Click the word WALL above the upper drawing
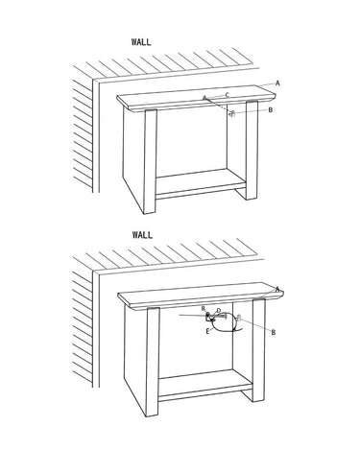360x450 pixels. [x=141, y=42]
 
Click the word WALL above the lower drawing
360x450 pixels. [x=142, y=235]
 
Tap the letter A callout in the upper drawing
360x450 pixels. [x=277, y=83]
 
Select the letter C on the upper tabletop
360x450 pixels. [x=228, y=94]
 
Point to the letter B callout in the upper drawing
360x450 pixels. [x=271, y=110]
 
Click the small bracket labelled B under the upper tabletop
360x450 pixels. [x=232, y=113]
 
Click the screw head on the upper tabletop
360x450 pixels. [x=204, y=97]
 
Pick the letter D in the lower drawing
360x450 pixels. [x=219, y=311]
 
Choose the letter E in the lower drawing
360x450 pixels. [x=207, y=331]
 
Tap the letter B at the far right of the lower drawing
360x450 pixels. [x=274, y=333]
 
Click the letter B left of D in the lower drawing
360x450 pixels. [x=204, y=309]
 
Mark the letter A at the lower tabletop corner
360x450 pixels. [x=277, y=289]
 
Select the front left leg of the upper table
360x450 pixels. [x=150, y=161]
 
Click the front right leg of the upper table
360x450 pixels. [x=252, y=150]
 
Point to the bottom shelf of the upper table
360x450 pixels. [x=201, y=184]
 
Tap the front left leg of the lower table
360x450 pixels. [x=153, y=362]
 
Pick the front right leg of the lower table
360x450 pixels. [x=258, y=350]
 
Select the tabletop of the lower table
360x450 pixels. [x=201, y=296]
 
